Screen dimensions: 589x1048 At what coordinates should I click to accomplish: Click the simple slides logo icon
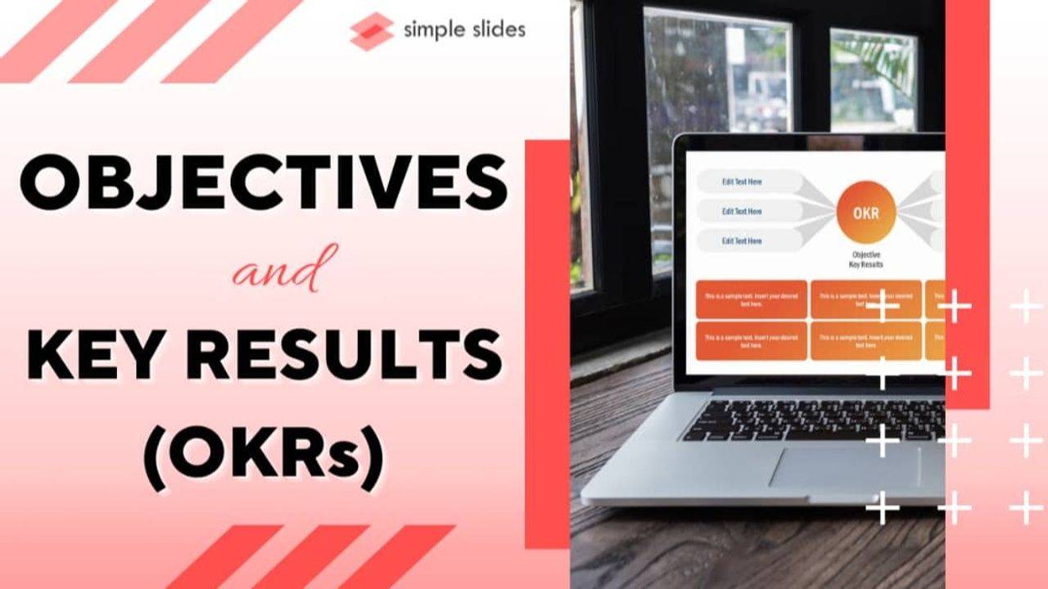[x=371, y=32]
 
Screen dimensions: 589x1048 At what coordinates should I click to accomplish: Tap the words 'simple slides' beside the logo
[x=464, y=30]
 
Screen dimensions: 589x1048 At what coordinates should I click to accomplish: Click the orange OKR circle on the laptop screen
[x=865, y=213]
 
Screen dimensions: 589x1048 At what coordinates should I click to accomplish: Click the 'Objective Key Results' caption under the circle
[x=867, y=259]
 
